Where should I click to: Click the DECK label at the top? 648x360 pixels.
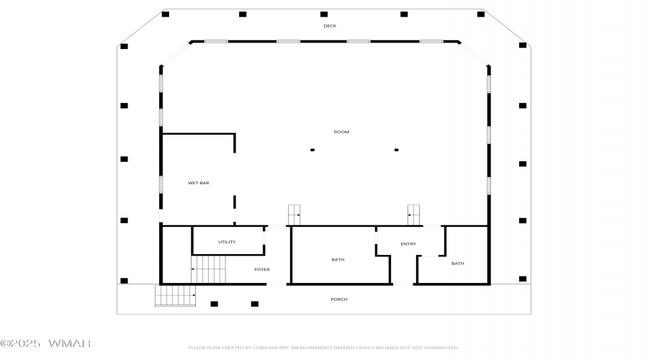pos(330,26)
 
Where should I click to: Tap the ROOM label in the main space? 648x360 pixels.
pos(341,132)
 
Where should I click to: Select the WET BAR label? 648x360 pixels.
pos(199,183)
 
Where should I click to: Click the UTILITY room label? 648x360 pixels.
pos(227,242)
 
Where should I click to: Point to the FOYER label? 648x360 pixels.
pos(262,269)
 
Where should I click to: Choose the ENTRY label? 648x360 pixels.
pos(408,244)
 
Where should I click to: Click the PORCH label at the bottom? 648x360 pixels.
pos(339,300)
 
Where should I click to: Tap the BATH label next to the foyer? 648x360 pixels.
pos(338,259)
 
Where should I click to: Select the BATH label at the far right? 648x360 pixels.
pos(458,264)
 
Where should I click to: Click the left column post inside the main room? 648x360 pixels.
pos(312,150)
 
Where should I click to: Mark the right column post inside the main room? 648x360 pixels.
pos(396,150)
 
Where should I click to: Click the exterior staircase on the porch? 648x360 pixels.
pos(176,295)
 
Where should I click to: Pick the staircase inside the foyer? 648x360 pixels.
pos(209,269)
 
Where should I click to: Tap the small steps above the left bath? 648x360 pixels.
pos(294,214)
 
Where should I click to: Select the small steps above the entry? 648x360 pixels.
pos(414,214)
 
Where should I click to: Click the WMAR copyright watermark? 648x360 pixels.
pos(45,343)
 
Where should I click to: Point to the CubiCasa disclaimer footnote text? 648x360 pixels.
pos(323,348)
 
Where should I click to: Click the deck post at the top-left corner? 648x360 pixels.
pos(166,14)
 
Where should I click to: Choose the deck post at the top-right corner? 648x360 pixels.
pos(480,14)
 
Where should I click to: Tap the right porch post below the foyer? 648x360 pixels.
pos(254,304)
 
